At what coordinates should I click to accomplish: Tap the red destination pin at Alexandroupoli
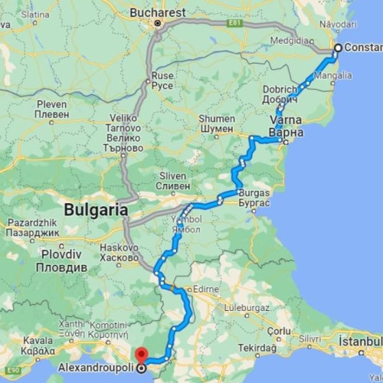[x=140, y=354]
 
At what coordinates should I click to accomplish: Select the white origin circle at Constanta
[x=338, y=47]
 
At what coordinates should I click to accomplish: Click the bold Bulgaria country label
[x=95, y=208]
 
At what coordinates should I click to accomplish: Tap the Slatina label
[x=35, y=14]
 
